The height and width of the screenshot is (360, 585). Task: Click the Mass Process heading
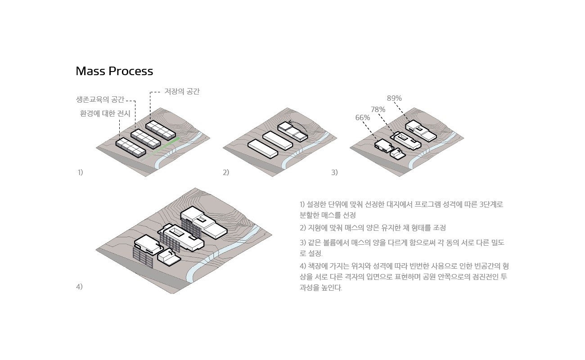114,71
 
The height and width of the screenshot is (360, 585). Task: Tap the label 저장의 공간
182,91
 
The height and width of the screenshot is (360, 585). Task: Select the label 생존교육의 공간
100,99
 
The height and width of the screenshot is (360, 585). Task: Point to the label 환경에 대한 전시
105,114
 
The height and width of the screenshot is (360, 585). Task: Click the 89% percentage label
394,98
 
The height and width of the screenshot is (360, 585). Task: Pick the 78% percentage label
378,109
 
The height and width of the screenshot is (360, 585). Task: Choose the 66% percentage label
363,118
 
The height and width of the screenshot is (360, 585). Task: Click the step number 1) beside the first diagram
80,172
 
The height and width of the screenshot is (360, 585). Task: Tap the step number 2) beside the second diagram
226,172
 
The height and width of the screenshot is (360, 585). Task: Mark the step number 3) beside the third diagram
334,172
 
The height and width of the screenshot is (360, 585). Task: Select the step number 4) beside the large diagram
79,287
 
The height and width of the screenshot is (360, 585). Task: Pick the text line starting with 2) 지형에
373,228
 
